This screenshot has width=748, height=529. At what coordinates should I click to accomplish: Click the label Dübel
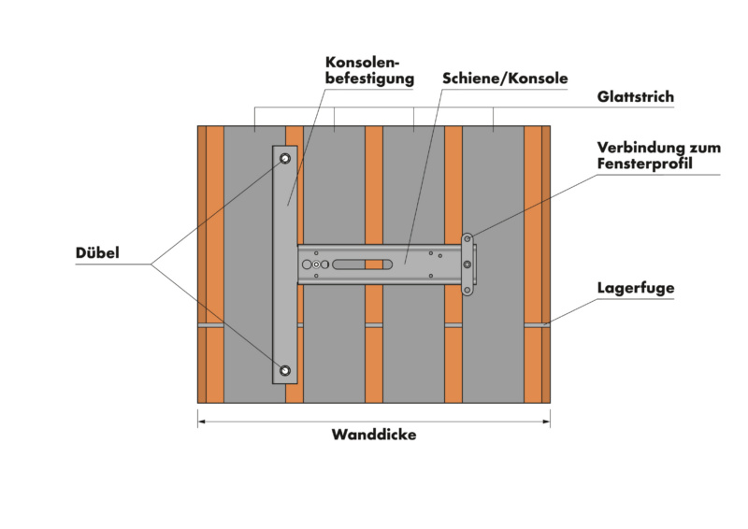[x=97, y=252]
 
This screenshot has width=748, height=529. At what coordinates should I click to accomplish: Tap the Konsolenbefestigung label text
[x=369, y=71]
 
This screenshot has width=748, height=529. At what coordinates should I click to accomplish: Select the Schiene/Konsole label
[x=505, y=79]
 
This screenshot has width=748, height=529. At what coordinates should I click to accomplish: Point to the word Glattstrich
[x=636, y=97]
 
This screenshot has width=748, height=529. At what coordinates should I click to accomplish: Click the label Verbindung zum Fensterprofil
[x=659, y=155]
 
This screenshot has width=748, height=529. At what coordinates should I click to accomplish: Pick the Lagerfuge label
[x=636, y=288]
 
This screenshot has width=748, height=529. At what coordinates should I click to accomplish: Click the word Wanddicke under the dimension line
[x=374, y=435]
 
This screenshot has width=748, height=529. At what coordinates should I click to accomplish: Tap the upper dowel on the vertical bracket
[x=285, y=158]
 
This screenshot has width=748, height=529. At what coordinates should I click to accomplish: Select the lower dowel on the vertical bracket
[x=285, y=370]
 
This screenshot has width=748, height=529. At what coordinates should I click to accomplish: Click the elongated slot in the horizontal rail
[x=363, y=264]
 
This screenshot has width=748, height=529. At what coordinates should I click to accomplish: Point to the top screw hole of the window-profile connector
[x=467, y=239]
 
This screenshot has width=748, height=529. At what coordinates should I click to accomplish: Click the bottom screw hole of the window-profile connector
[x=467, y=290]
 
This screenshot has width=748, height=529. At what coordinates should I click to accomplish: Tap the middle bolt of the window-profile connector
[x=467, y=264]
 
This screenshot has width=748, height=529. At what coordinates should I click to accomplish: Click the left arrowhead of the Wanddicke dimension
[x=201, y=422]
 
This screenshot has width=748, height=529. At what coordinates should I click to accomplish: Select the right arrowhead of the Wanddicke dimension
[x=547, y=422]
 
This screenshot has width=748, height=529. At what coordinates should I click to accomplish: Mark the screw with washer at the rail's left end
[x=316, y=264]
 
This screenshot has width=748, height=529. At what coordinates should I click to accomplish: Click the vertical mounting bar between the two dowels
[x=285, y=264]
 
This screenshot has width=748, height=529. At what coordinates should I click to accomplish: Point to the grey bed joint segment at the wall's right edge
[x=537, y=325]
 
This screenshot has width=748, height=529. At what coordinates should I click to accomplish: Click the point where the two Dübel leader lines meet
[x=151, y=264]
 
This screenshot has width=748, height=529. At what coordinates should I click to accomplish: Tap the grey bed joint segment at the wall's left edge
[x=211, y=325]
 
